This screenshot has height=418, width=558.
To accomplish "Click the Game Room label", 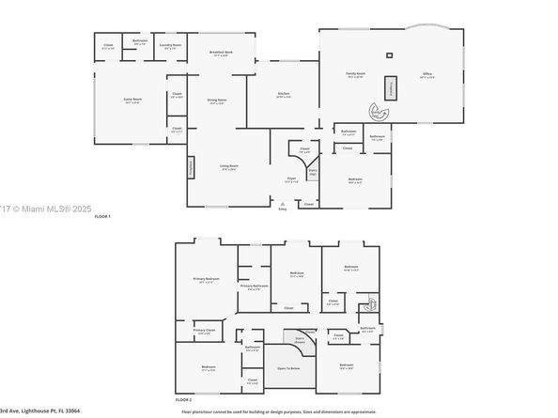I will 132,100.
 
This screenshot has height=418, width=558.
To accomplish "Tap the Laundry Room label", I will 170,46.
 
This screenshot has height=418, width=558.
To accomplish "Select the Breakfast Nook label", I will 221,54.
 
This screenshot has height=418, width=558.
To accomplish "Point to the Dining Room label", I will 217,101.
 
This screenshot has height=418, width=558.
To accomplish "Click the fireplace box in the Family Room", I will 393,87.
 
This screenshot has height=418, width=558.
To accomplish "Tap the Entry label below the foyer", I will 283,209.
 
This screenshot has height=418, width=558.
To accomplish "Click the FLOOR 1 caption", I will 102,217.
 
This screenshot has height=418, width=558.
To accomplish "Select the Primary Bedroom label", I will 207,280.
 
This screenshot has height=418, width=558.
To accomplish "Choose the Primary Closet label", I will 204,331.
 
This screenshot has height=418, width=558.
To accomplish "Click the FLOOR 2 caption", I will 184,400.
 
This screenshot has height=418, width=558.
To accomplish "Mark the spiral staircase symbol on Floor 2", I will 370,303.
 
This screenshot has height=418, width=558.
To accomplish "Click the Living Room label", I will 229,167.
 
